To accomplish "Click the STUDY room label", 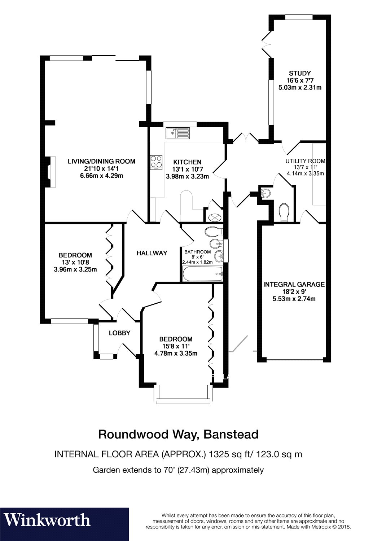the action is [x=299, y=74].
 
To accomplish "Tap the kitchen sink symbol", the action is [x=177, y=133].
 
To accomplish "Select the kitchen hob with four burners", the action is [x=156, y=162].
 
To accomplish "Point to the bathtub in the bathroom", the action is [x=203, y=274].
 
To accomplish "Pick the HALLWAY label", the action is [x=152, y=253].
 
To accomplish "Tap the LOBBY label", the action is [x=119, y=333].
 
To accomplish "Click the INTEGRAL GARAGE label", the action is [x=294, y=285].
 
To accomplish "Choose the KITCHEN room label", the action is [x=187, y=162].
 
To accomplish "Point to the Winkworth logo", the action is [x=47, y=520].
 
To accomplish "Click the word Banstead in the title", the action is [x=231, y=434].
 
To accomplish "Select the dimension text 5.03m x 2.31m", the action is [x=300, y=88].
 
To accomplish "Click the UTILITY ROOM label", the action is [x=305, y=161].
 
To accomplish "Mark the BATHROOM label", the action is [x=197, y=252].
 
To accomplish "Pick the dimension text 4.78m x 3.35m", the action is [x=176, y=353].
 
